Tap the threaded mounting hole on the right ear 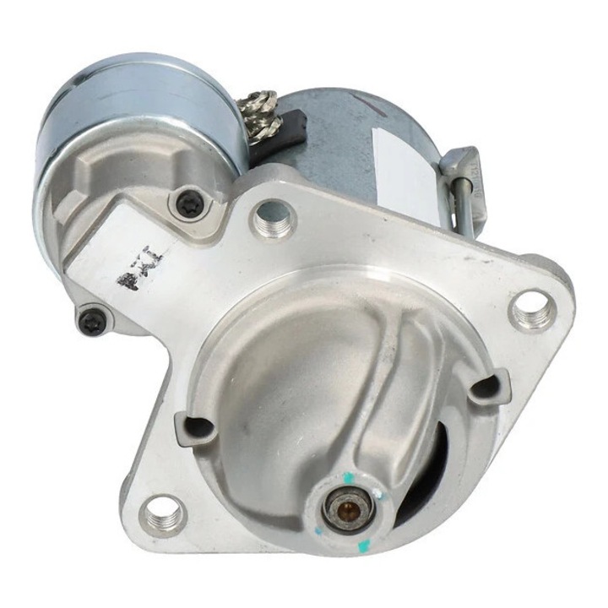point(534,311)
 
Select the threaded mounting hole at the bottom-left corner point(162,514)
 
